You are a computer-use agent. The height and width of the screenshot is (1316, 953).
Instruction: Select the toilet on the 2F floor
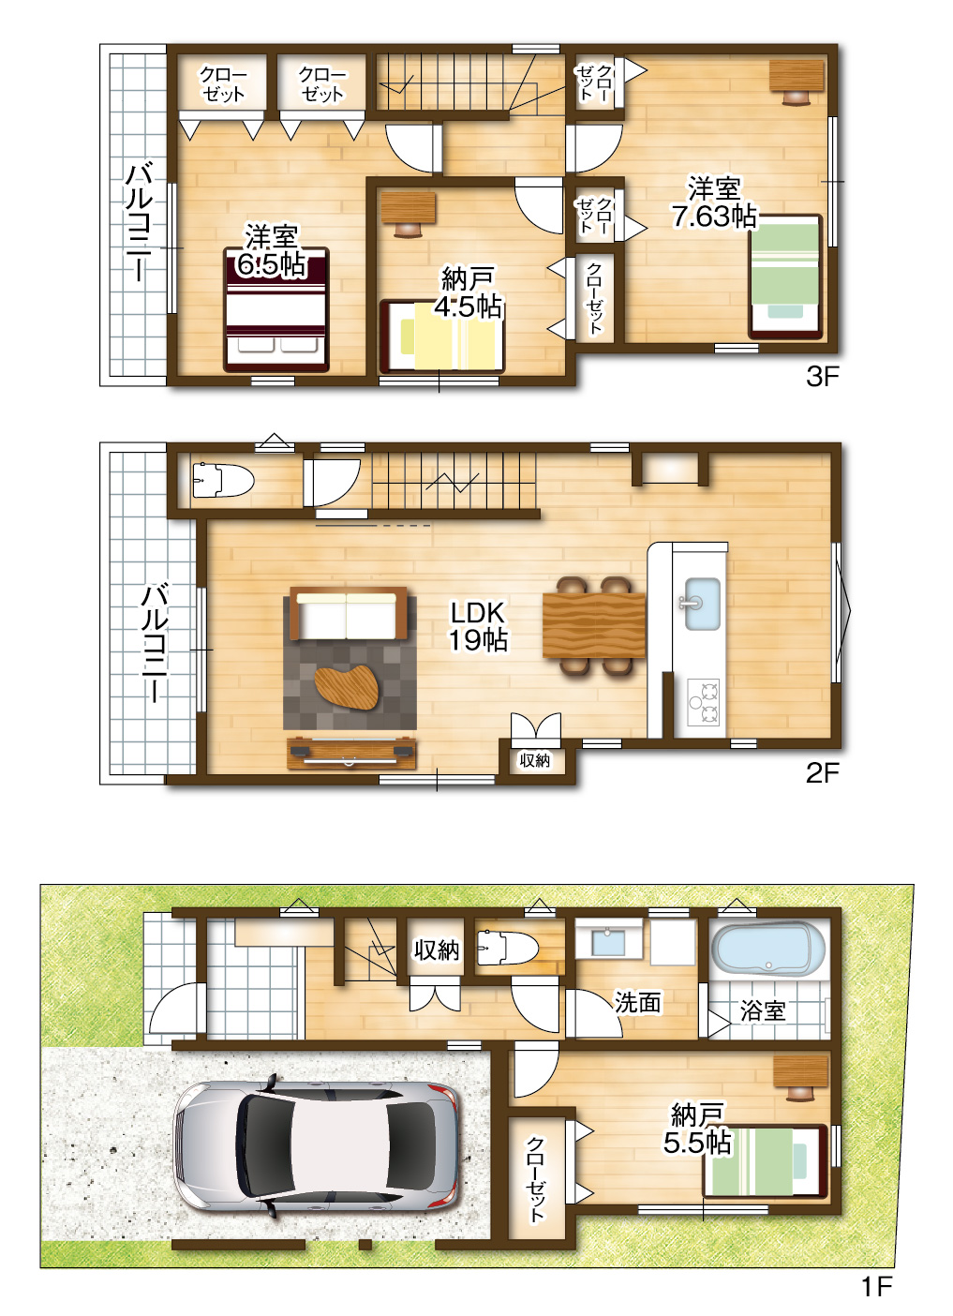[x=222, y=479]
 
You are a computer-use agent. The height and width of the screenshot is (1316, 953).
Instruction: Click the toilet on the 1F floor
[x=507, y=948]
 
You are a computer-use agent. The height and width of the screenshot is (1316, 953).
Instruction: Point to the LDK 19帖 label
[x=478, y=626]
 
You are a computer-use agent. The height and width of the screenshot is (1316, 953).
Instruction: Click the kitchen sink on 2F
[x=702, y=604]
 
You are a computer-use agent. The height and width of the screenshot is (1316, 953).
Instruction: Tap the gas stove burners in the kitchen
[x=704, y=702]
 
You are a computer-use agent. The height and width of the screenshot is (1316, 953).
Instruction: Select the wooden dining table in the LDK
[x=594, y=625]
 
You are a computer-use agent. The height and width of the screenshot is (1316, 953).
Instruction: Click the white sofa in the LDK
[x=348, y=613]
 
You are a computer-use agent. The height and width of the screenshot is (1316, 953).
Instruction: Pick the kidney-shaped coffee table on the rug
[x=347, y=688]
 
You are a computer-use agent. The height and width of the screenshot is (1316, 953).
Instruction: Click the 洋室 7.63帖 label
[x=714, y=202]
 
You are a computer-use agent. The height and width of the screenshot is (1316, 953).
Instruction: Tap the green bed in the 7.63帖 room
[x=785, y=277]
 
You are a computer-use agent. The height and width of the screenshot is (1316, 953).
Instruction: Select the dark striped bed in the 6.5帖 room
[x=276, y=309]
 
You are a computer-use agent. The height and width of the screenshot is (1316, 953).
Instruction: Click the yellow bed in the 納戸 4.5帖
[x=441, y=336]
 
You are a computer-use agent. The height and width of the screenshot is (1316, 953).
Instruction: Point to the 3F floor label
[x=822, y=376]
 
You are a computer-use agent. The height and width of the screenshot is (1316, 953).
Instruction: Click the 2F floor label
[x=822, y=773]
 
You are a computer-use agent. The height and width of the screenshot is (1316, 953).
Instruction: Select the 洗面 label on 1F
[x=638, y=1002]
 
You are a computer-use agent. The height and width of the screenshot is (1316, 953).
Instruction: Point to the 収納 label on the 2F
[x=534, y=760]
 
